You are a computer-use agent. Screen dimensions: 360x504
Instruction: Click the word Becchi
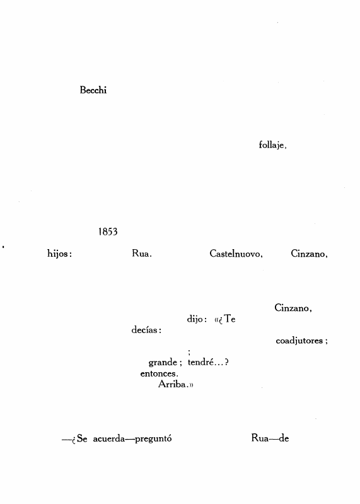click(x=93, y=90)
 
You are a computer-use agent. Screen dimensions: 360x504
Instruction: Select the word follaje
click(x=271, y=145)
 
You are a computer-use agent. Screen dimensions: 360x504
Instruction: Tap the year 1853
click(x=108, y=231)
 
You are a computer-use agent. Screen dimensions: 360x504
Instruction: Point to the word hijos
click(x=58, y=254)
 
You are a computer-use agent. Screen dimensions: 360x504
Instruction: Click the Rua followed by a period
click(x=140, y=254)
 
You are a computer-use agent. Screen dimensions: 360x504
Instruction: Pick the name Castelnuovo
click(x=235, y=254)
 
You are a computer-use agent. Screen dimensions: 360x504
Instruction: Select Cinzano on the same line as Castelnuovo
click(x=308, y=254)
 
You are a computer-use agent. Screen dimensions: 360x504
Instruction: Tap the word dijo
click(x=195, y=319)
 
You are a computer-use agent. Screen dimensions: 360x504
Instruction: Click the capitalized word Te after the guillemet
click(x=230, y=319)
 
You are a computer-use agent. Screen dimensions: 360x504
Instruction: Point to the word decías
click(x=144, y=330)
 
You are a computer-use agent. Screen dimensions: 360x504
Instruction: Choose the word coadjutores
click(x=299, y=341)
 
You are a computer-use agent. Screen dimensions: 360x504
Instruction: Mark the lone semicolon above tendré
click(x=189, y=353)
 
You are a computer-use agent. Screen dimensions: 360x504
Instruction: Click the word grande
click(x=163, y=363)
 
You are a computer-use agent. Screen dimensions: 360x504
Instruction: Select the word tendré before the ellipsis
click(x=200, y=362)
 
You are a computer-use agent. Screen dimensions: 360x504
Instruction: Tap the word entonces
click(x=158, y=373)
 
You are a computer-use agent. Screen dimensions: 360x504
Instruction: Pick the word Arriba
click(x=172, y=384)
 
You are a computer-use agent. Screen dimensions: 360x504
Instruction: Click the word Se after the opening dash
click(x=82, y=438)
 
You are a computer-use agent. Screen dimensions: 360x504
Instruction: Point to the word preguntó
click(x=153, y=439)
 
